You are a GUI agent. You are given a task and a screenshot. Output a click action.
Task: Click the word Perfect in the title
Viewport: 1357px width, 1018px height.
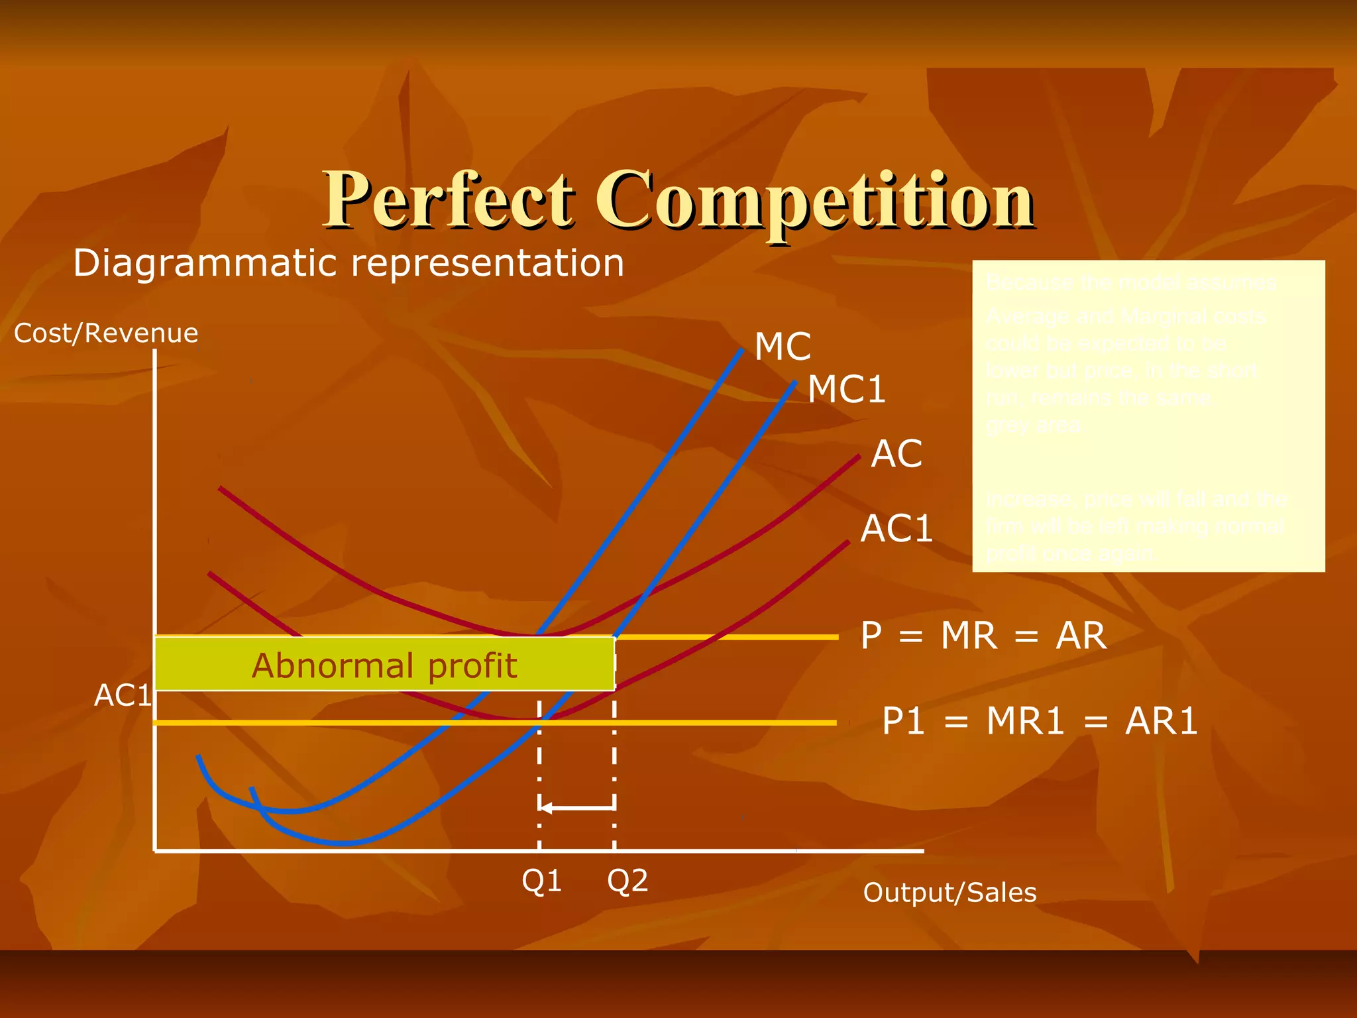click(448, 200)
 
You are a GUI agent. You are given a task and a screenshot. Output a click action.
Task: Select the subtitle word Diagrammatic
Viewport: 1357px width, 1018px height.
click(206, 263)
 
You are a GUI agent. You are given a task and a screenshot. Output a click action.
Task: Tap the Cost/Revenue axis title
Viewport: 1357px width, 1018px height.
click(106, 333)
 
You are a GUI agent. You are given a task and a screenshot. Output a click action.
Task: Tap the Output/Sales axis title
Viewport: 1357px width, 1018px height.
click(950, 893)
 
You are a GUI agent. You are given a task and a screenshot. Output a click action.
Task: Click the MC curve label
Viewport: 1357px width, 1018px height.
click(783, 347)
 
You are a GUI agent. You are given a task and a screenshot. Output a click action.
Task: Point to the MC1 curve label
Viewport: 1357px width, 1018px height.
click(846, 389)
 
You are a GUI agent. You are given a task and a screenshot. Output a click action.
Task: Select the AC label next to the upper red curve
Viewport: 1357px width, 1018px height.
click(896, 455)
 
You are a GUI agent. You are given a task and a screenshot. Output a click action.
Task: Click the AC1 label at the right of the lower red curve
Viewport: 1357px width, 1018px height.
click(896, 529)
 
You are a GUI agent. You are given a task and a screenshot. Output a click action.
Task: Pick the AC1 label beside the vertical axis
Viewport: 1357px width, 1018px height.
click(123, 695)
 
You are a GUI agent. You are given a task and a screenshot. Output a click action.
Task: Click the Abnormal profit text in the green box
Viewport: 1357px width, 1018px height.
click(384, 665)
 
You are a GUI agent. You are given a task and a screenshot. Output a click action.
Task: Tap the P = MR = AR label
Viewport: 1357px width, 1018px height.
click(983, 636)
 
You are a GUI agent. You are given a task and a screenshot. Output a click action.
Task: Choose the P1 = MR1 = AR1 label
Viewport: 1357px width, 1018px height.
click(1040, 721)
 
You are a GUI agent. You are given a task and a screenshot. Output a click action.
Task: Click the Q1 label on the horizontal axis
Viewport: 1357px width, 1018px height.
click(541, 881)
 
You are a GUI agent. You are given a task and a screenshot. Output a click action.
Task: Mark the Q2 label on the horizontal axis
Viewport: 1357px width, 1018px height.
click(627, 881)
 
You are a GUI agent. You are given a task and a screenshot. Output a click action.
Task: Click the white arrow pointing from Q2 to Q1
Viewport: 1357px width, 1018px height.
click(576, 807)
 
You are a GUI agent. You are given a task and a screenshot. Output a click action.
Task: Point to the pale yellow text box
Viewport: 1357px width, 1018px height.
click(1148, 416)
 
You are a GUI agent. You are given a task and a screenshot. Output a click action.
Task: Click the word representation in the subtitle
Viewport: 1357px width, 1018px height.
click(487, 263)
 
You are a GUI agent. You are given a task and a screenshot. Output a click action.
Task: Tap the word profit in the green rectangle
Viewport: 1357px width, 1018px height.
click(472, 665)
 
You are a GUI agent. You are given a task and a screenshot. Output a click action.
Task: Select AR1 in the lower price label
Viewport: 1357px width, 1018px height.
click(1161, 721)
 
